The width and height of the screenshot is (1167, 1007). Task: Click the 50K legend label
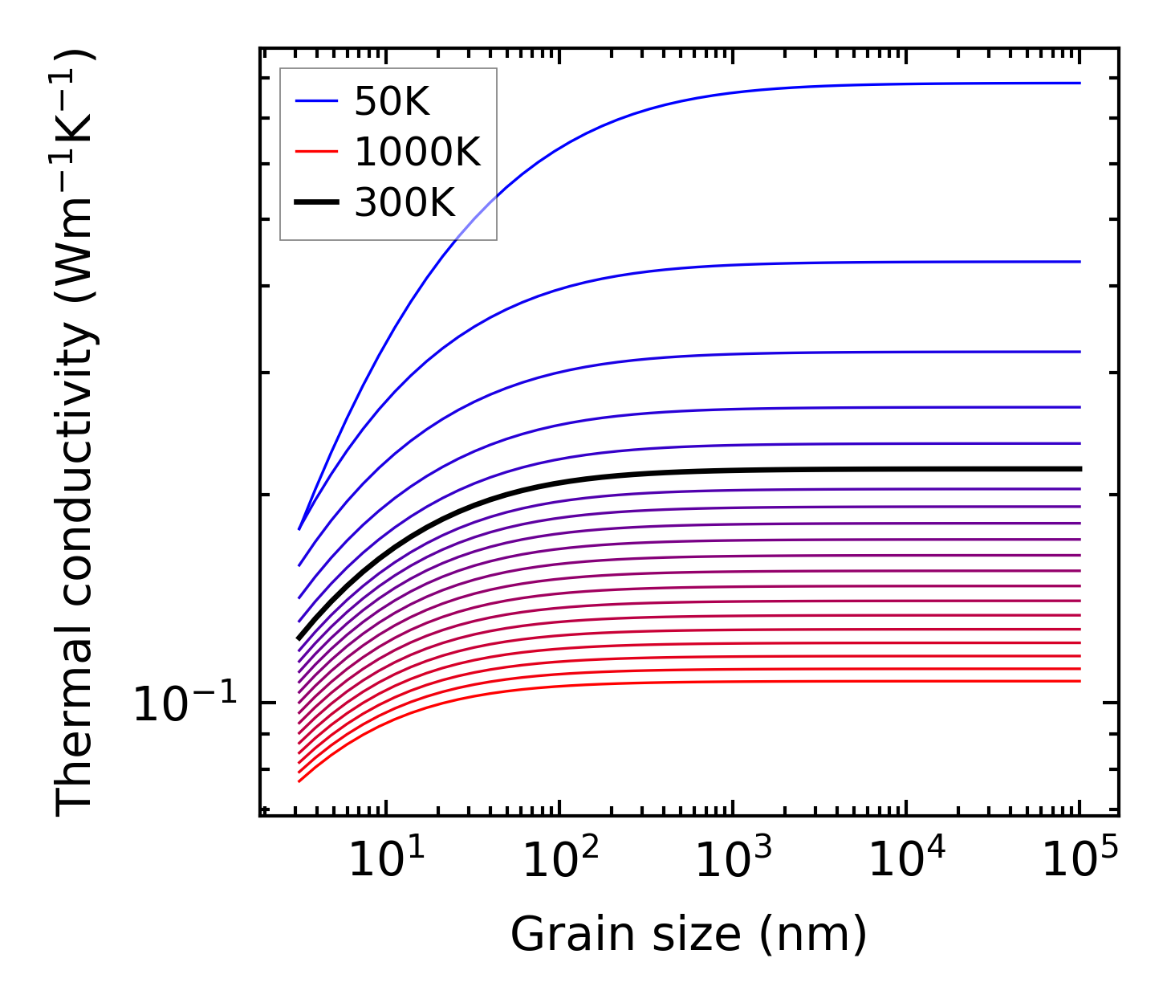(392, 102)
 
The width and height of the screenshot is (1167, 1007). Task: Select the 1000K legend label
(417, 152)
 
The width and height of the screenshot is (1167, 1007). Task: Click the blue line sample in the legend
(317, 101)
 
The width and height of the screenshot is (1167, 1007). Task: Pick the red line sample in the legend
(317, 152)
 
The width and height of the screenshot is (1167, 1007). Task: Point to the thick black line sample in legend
(317, 202)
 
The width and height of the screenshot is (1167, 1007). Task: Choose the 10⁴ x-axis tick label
(906, 861)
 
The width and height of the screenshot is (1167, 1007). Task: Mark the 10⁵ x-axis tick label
(1080, 861)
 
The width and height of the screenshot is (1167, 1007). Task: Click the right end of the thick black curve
(1080, 469)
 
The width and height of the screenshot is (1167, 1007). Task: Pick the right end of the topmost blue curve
(1080, 83)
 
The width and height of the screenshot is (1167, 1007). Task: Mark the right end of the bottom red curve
(1080, 681)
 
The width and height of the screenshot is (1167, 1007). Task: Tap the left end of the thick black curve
(299, 639)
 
